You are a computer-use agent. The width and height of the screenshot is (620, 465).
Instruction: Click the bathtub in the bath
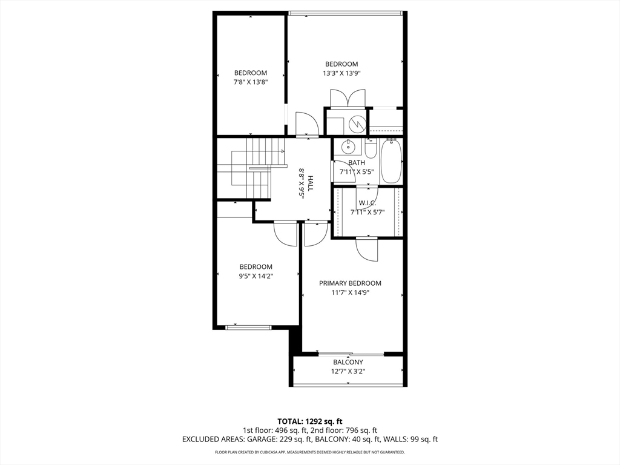(x=391, y=162)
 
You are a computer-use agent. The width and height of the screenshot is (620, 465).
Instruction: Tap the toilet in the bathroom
(x=371, y=148)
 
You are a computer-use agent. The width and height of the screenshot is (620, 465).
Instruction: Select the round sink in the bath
(x=349, y=147)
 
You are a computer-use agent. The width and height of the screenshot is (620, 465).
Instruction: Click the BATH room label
(x=357, y=163)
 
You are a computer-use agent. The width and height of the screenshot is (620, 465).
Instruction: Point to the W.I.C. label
(x=368, y=203)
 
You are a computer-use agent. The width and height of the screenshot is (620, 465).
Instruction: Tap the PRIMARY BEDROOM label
(x=350, y=283)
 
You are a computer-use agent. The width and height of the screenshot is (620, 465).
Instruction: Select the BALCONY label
(x=348, y=362)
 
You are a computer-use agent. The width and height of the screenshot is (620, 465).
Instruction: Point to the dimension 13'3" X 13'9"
(x=341, y=73)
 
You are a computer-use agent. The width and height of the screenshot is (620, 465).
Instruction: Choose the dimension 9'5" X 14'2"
(x=256, y=276)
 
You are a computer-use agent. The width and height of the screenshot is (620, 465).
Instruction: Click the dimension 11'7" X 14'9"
(x=350, y=292)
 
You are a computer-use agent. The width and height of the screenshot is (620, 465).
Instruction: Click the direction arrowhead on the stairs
(x=282, y=151)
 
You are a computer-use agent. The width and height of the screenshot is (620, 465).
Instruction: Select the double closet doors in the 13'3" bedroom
(x=348, y=99)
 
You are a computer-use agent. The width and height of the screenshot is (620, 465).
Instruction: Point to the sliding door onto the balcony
(x=350, y=354)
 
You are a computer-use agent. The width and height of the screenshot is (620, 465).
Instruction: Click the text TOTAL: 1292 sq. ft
(x=310, y=421)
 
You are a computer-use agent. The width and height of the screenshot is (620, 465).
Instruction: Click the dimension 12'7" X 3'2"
(x=348, y=371)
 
